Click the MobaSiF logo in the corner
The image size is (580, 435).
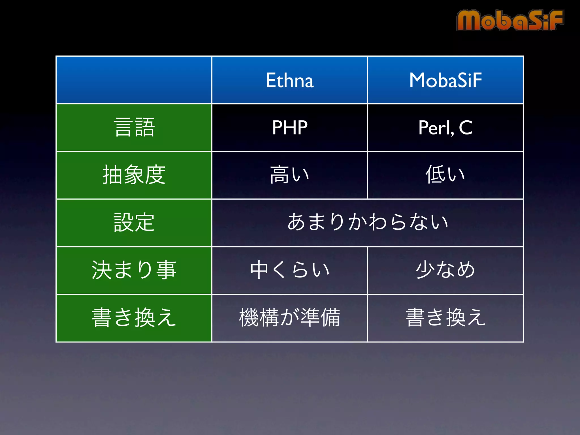tap(510, 20)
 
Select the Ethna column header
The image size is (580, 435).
tap(290, 80)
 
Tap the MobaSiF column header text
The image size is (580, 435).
tap(445, 80)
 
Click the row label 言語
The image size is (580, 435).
tap(134, 128)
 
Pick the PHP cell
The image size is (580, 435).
tap(290, 128)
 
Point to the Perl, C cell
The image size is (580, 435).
tap(445, 128)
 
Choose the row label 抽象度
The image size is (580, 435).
tap(134, 175)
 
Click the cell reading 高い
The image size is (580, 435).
tap(290, 175)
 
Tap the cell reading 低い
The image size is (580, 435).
tap(445, 175)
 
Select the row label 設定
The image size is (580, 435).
tap(134, 223)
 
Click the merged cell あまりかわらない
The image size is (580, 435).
tap(368, 222)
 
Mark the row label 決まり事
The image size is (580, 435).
tap(134, 270)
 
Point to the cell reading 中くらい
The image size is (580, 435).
tap(290, 270)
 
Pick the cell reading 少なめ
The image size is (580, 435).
tap(445, 270)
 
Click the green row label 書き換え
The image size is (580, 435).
tap(134, 318)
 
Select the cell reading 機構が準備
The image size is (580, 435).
tap(290, 318)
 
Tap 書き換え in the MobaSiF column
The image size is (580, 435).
tap(445, 318)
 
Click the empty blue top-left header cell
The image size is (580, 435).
tap(134, 80)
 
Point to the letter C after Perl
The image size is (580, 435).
tap(466, 128)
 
